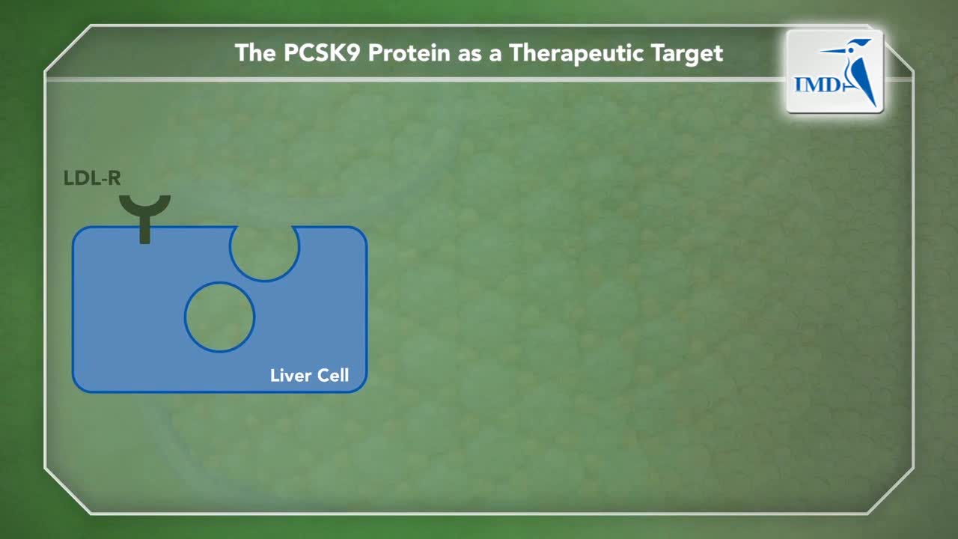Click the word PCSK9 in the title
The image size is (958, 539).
coord(322,53)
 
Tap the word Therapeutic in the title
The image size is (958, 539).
coord(576,54)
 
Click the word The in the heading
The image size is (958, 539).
coord(255,53)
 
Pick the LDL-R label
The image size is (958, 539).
coord(92,178)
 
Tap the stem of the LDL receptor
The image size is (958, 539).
coord(145,230)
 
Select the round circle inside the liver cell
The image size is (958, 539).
coord(220,317)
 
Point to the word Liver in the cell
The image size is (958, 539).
coord(290,375)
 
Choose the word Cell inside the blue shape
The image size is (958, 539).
coord(333,375)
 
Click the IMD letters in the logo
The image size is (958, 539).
coord(817,85)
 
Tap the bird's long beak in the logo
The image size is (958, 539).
coord(835,51)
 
